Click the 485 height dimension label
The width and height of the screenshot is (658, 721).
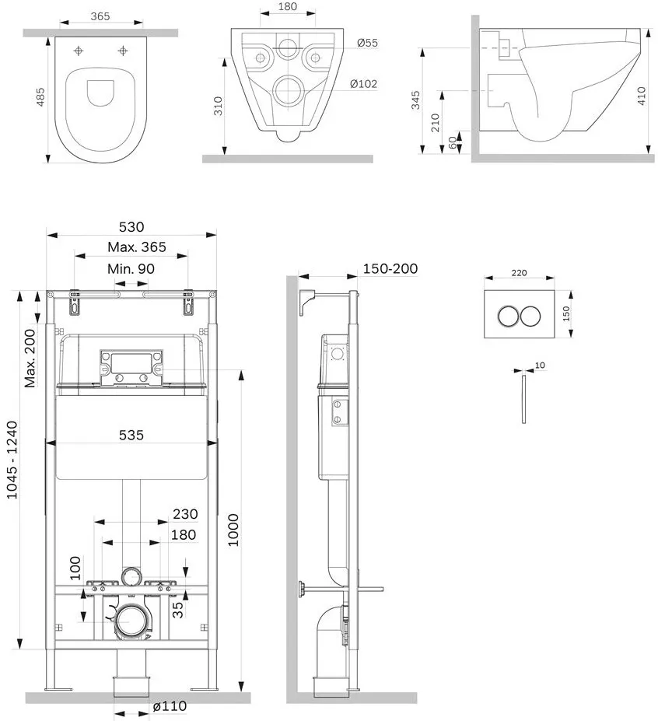coord(40,97)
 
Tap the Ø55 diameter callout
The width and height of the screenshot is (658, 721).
coord(367,43)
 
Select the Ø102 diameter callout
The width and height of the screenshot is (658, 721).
coord(363,84)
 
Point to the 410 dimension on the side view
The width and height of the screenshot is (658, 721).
coord(642,96)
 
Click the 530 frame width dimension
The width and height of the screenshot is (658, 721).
coord(131,226)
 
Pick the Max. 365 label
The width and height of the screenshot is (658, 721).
coord(137,247)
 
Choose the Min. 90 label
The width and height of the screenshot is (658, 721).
coord(131,268)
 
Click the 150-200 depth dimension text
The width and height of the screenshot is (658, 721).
coord(390,268)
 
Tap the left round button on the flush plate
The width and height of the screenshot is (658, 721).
coord(508,316)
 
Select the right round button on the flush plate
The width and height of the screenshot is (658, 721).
coord(530,316)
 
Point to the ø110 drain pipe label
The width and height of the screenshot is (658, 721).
coord(170,705)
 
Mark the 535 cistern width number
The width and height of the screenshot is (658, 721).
coord(131,435)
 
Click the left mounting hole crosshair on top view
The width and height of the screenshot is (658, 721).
coord(79,51)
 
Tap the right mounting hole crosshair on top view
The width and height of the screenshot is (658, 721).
coord(123,51)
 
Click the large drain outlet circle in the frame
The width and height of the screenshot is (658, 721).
coord(131,621)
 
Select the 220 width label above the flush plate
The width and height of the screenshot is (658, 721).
coord(519,273)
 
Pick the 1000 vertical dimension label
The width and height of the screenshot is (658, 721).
coord(233,530)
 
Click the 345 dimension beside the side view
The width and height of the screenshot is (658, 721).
coord(415,100)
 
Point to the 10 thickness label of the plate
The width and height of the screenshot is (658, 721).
coord(540,365)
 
